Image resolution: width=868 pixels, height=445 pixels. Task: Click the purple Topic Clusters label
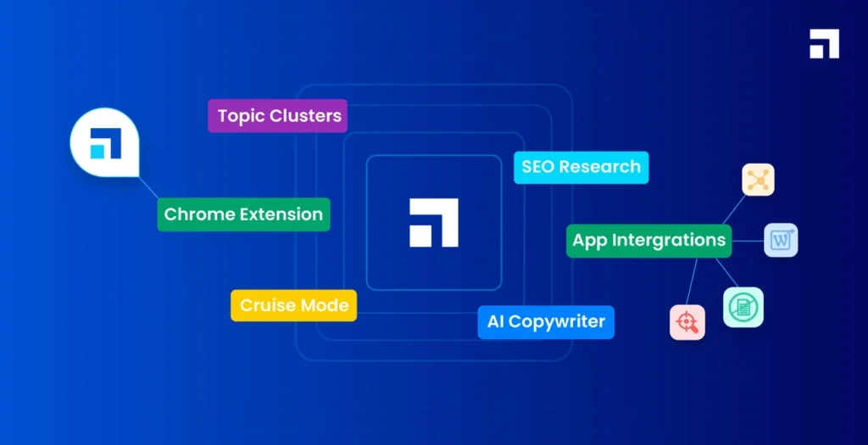click(x=278, y=116)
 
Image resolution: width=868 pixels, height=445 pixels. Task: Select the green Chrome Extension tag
click(x=243, y=214)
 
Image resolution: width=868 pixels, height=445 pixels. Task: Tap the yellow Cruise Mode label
click(x=293, y=305)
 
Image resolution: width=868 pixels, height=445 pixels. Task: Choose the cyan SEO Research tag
click(x=581, y=167)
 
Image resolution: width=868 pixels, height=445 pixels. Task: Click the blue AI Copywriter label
click(x=545, y=322)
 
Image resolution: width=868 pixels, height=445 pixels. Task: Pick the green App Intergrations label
click(x=648, y=240)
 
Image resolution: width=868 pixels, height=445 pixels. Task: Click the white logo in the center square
click(x=433, y=223)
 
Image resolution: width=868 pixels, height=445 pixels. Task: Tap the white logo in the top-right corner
click(x=824, y=44)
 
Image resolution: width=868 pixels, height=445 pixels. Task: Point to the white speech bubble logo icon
click(x=103, y=142)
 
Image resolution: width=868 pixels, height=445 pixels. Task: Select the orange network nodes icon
click(x=758, y=180)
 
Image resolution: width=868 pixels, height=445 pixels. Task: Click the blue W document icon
click(x=780, y=240)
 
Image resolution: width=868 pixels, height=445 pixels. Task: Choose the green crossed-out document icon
click(x=743, y=307)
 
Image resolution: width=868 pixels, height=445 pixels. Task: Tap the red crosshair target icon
click(x=687, y=322)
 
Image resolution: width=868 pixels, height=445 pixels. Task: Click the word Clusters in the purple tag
click(x=305, y=116)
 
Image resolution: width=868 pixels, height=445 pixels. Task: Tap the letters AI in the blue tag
click(x=495, y=322)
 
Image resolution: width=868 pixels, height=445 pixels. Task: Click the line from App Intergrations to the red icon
click(x=693, y=281)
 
